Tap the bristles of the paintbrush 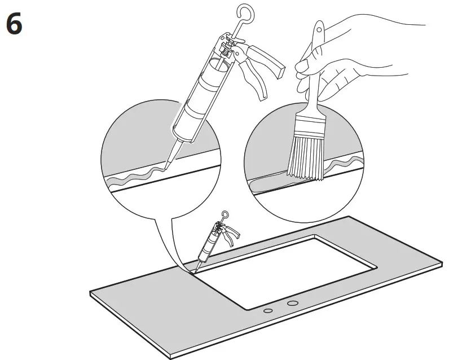pyautogui.click(x=304, y=155)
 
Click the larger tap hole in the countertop pyautogui.click(x=292, y=304)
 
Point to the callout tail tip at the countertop pyautogui.click(x=191, y=273)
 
